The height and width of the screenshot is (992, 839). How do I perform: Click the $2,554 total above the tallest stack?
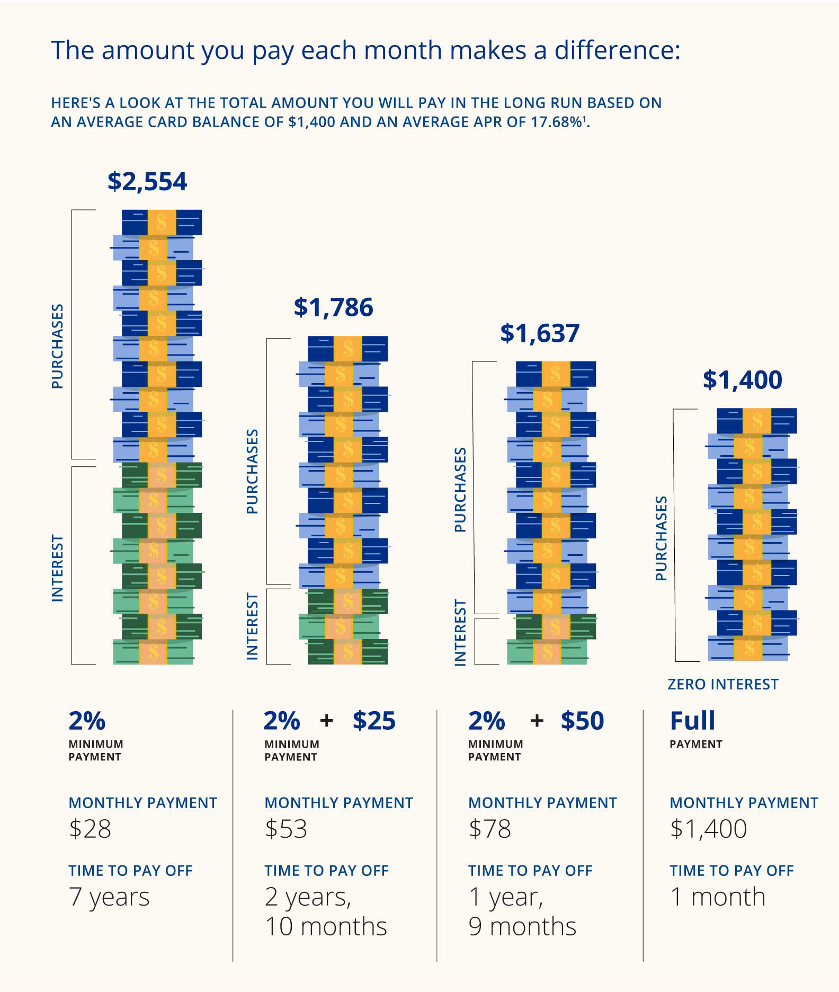pos(147,182)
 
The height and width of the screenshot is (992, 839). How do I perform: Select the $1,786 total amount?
pos(333,308)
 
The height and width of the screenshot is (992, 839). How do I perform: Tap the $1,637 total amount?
pos(540,333)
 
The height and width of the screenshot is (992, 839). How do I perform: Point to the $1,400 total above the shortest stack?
pos(742,380)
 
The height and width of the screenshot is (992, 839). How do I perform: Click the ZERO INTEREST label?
pos(722,685)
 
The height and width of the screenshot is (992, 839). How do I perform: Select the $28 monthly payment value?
pos(90,829)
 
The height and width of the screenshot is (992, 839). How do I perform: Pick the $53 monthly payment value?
pos(286,829)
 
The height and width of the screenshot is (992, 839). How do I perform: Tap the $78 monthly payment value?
pos(489,829)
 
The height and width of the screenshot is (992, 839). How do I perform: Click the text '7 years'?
pos(109,897)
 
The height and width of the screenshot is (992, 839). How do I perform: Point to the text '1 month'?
pos(717,897)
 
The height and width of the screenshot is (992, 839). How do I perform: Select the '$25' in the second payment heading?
pos(374,721)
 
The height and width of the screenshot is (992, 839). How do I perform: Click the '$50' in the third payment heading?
pos(582,721)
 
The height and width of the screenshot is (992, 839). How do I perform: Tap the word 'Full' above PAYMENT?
pos(692,721)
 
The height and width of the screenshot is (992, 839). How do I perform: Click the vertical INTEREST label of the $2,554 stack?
pos(58,568)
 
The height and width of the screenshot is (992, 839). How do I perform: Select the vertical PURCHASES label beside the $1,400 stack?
pos(661,538)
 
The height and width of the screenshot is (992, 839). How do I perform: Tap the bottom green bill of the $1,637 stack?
pos(547,652)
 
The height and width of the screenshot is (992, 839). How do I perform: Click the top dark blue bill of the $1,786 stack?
pos(347,349)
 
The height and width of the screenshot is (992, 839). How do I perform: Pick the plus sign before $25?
pos(327,721)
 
